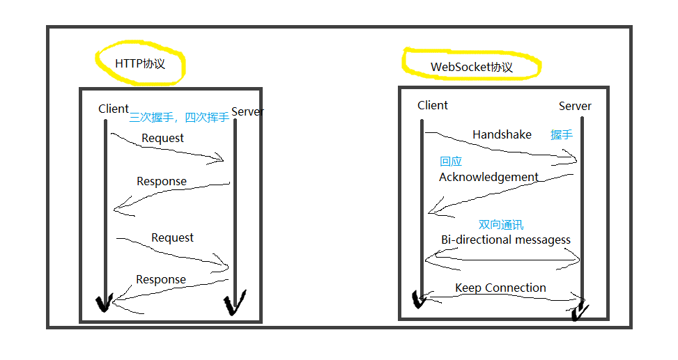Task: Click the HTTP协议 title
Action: pos(140,64)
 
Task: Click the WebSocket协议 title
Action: pos(472,68)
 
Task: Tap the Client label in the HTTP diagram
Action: pos(114,109)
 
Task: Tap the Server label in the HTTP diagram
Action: pos(247,111)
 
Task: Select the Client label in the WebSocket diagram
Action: pos(433,105)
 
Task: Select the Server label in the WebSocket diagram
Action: pos(575,106)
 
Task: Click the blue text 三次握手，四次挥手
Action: pos(179,118)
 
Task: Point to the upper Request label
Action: pos(162,138)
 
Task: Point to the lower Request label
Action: pos(172,237)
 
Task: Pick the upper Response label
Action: pos(162,181)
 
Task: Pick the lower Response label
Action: pos(161,279)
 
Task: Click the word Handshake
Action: pos(502,134)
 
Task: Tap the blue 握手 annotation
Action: pos(562,134)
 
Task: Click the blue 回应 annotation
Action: pos(451,162)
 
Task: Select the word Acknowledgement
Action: pos(488,177)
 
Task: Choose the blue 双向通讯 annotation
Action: pos(501,225)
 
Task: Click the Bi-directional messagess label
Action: pos(506,240)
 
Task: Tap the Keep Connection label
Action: pos(500,288)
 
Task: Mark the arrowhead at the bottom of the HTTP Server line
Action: pos(233,305)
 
